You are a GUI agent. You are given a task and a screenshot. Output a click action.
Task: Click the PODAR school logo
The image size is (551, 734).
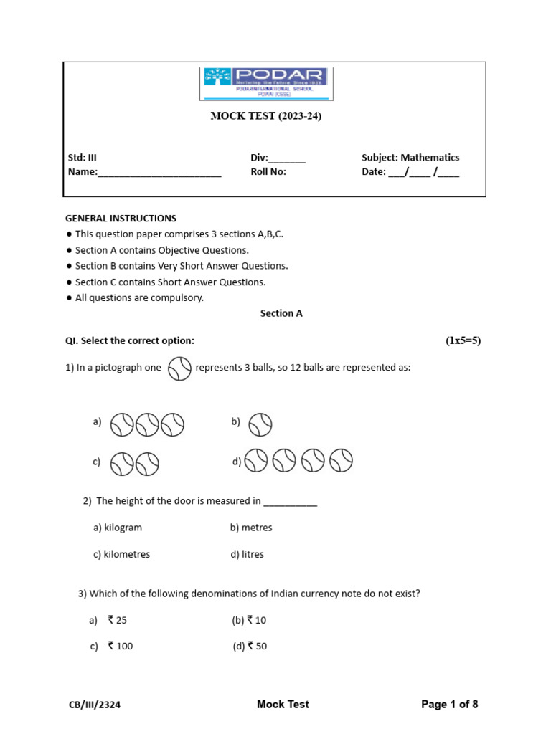265,83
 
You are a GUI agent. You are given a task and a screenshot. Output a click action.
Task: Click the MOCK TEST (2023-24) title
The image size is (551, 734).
265,116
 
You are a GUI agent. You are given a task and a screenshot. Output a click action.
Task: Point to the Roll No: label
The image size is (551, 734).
268,172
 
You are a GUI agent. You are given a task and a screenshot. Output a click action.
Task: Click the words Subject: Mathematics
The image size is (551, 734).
410,158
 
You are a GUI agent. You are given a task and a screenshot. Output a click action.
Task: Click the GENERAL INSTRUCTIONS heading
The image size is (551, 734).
121,219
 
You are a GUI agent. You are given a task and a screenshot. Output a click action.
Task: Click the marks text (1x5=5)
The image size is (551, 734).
463,340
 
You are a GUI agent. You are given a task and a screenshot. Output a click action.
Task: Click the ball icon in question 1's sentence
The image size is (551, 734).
179,368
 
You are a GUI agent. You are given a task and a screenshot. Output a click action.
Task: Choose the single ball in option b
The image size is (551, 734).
260,425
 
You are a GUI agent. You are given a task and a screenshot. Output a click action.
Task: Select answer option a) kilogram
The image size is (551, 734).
118,528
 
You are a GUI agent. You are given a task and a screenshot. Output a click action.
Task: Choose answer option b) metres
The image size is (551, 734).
251,528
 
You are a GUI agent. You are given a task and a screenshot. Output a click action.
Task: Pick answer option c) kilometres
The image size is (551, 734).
121,554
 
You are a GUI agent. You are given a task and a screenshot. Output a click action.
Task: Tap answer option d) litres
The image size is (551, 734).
247,554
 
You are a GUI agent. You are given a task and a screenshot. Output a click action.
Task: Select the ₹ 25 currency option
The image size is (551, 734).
116,620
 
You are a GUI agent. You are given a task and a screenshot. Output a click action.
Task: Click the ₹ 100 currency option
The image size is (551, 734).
120,647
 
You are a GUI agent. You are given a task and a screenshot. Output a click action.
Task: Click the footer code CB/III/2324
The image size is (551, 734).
95,705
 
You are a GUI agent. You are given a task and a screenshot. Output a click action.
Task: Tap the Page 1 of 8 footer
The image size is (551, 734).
449,705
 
